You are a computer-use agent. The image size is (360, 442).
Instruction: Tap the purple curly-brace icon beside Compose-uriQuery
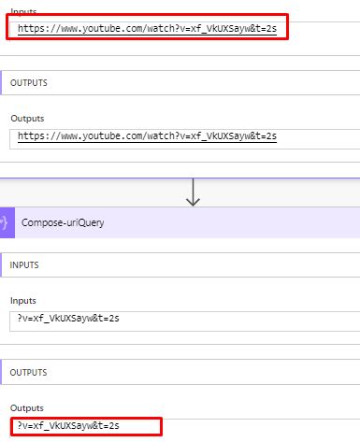coord(5,224)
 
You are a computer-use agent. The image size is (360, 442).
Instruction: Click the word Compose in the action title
coord(42,224)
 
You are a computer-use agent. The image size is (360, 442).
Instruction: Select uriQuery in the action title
coord(81,224)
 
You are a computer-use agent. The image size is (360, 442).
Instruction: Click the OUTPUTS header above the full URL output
coord(29,83)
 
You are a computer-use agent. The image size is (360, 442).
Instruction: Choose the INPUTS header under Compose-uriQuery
coord(26,265)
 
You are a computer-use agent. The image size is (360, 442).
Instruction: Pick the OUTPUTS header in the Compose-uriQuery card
coord(29,372)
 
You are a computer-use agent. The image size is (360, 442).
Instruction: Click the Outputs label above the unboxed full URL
coord(27,119)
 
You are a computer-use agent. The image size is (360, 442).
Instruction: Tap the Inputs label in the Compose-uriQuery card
coord(24,301)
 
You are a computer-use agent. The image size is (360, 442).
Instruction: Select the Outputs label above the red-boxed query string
coord(27,408)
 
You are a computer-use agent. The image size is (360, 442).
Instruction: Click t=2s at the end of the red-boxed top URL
coord(265,29)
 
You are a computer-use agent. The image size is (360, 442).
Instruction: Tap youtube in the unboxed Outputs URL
coord(97,136)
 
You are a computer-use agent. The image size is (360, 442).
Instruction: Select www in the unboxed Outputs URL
coord(65,136)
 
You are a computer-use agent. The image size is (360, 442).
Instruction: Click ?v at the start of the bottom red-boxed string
coord(22,426)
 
